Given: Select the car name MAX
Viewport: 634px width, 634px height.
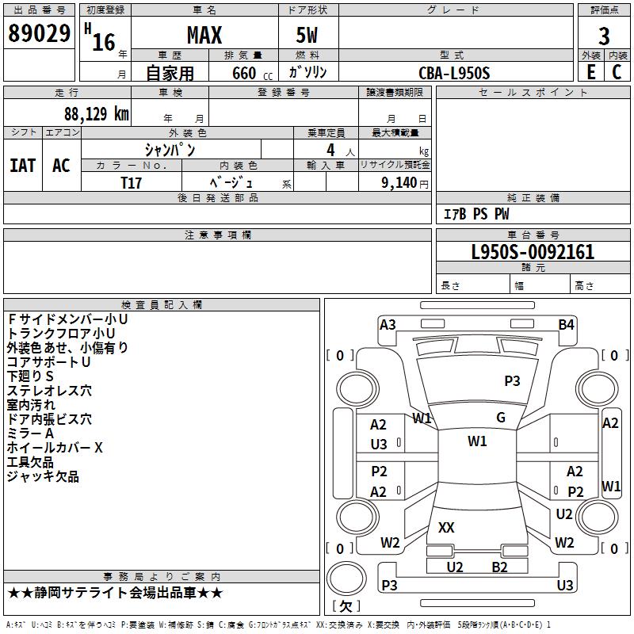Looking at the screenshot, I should pyautogui.click(x=204, y=36).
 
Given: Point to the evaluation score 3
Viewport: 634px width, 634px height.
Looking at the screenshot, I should pyautogui.click(x=604, y=36).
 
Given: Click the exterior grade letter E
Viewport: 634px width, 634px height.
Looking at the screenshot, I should pyautogui.click(x=590, y=71).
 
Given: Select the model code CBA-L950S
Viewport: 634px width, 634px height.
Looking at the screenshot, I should pyautogui.click(x=454, y=73).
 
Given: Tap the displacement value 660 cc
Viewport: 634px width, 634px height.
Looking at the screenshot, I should pyautogui.click(x=243, y=74).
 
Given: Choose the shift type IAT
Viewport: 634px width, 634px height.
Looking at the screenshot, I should pyautogui.click(x=22, y=166).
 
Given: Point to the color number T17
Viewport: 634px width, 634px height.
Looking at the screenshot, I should pyautogui.click(x=132, y=182).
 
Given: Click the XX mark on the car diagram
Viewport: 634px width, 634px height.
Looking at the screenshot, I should pyautogui.click(x=446, y=527).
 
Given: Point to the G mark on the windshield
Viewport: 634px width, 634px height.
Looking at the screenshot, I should pyautogui.click(x=500, y=418).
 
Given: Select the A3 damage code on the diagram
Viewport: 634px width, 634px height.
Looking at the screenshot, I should pyautogui.click(x=388, y=324).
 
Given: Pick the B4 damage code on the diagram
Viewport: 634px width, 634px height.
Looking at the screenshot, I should pyautogui.click(x=566, y=324).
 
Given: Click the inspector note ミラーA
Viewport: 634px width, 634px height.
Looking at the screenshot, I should pyautogui.click(x=30, y=433).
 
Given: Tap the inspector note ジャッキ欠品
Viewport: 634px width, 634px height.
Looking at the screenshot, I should pyautogui.click(x=43, y=476).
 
